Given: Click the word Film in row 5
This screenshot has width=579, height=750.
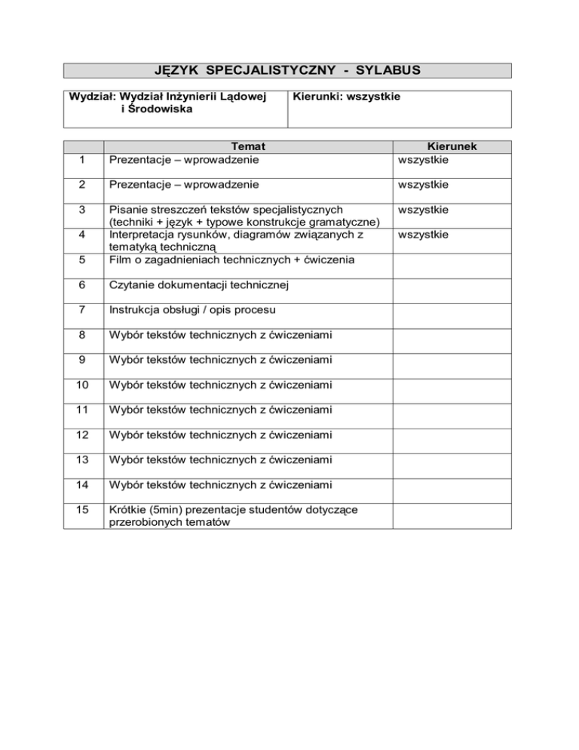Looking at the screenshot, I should click(x=121, y=260).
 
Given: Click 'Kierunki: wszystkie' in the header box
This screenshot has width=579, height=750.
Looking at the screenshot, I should click(x=346, y=97).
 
